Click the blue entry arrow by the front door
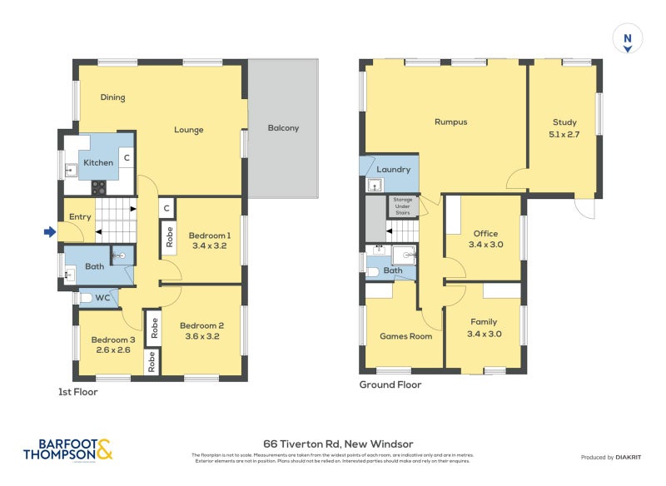pyautogui.click(x=49, y=232)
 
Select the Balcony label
pyautogui.click(x=283, y=128)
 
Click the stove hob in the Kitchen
pyautogui.click(x=99, y=187)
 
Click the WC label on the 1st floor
pyautogui.click(x=102, y=297)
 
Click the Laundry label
pyautogui.click(x=393, y=170)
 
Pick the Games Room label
pyautogui.click(x=405, y=337)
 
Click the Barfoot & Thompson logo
pyautogui.click(x=67, y=450)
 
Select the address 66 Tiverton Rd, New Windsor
pyautogui.click(x=338, y=444)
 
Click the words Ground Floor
pyautogui.click(x=390, y=385)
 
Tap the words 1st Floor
pyautogui.click(x=77, y=391)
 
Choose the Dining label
pyautogui.click(x=112, y=97)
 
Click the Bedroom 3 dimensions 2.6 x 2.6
pyautogui.click(x=112, y=350)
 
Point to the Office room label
pyautogui.click(x=485, y=234)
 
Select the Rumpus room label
pyautogui.click(x=450, y=122)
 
